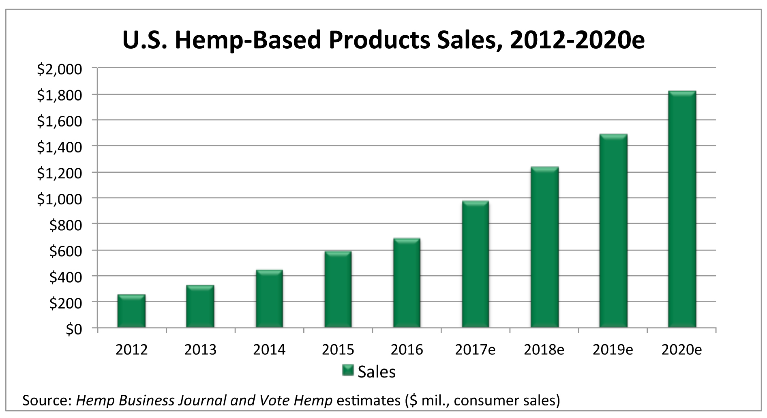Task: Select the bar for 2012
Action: (131, 311)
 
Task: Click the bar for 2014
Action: (269, 299)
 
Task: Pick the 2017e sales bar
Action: (475, 264)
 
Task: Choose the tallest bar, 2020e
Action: (682, 210)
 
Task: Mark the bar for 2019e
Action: (613, 231)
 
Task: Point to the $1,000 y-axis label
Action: (59, 199)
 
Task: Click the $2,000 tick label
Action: (59, 70)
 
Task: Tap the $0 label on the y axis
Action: (73, 330)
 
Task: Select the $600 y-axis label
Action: (65, 251)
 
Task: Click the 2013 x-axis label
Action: (200, 349)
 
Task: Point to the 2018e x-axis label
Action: (544, 349)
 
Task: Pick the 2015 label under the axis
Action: (338, 349)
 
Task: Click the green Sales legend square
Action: (348, 371)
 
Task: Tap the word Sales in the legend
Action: (376, 371)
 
